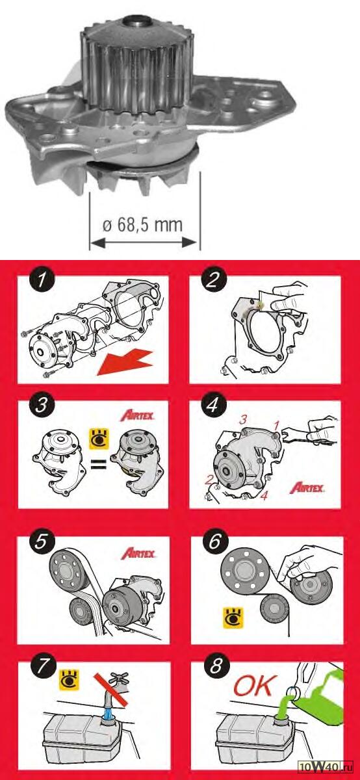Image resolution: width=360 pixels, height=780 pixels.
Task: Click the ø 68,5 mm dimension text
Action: click(x=142, y=226)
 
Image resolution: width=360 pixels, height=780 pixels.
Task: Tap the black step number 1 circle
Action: click(x=42, y=280)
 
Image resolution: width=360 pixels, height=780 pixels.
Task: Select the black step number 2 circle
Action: click(x=212, y=280)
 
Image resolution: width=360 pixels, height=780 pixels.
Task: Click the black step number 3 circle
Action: click(x=42, y=406)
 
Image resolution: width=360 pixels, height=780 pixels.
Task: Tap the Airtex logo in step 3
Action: click(x=138, y=415)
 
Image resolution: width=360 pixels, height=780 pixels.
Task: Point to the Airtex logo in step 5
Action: click(x=138, y=553)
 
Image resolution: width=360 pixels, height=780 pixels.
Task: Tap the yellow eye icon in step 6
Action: click(x=233, y=618)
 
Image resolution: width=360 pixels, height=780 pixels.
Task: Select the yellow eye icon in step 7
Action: click(x=69, y=680)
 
